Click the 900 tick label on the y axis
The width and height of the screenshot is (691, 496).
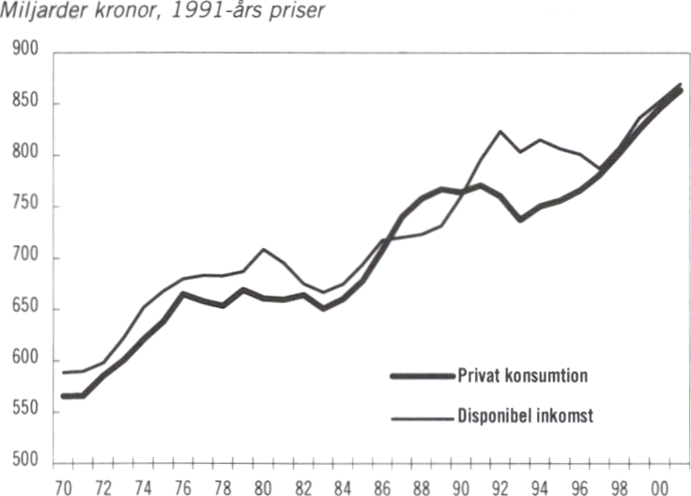24,53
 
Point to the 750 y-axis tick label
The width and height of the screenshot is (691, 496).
24,207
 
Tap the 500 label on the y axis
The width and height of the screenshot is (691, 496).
24,463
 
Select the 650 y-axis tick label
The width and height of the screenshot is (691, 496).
24,309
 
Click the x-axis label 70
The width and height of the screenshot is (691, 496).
65,487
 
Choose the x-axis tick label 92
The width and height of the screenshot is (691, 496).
501,487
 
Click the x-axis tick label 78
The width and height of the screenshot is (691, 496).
223,487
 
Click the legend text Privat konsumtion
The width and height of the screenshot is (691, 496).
524,376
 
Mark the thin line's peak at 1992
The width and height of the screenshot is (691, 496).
500,131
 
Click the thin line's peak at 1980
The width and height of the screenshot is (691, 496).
264,249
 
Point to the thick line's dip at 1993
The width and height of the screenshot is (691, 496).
520,220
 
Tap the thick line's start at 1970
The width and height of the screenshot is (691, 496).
64,395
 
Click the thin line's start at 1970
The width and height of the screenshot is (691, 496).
64,373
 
